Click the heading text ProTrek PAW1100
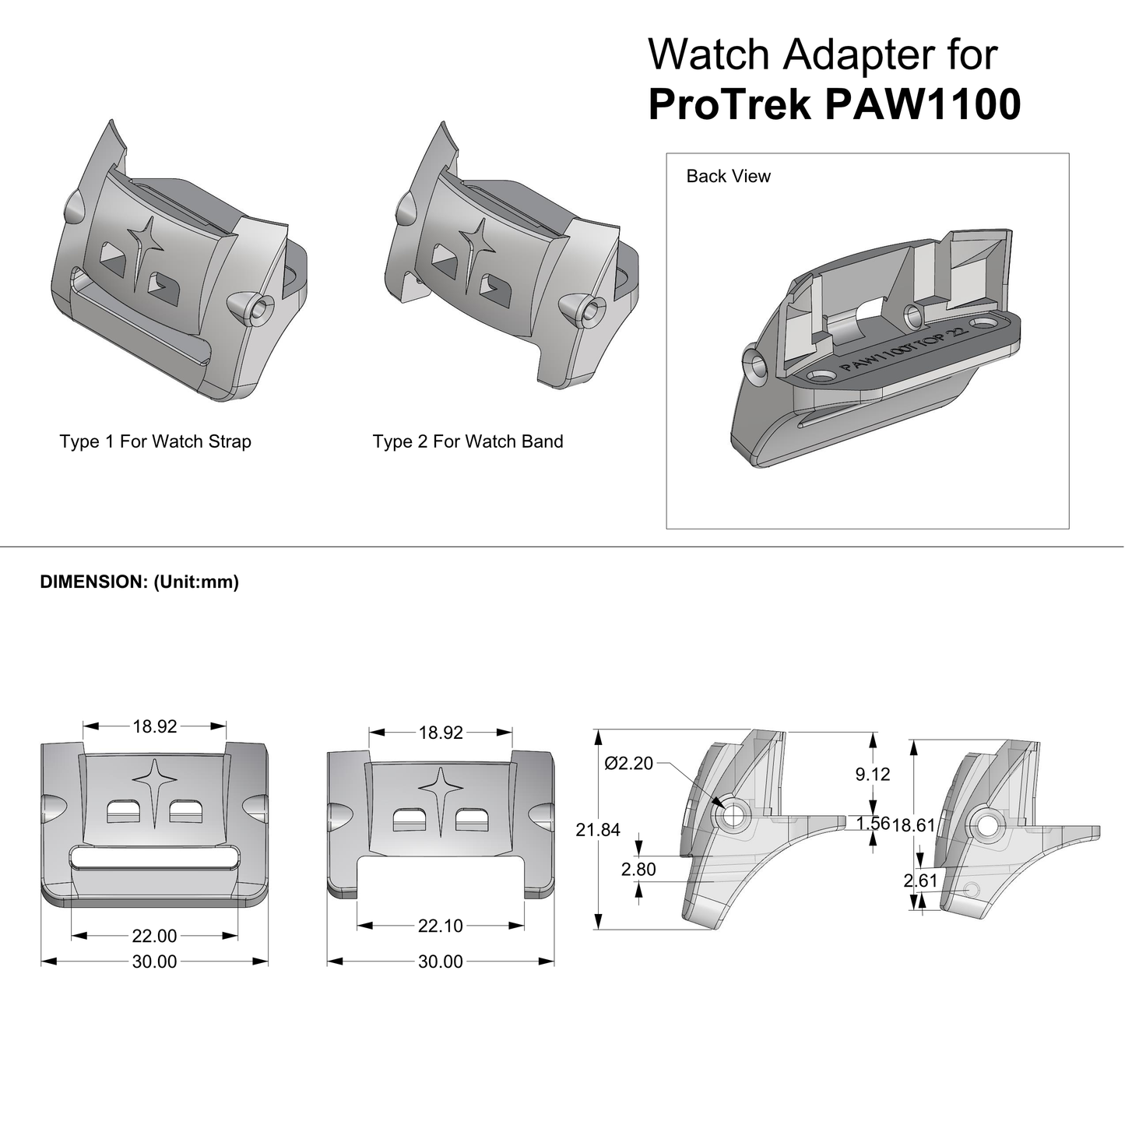[x=834, y=104]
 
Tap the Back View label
[x=728, y=177]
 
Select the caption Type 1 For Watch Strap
[x=155, y=441]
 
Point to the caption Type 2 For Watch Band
[x=467, y=441]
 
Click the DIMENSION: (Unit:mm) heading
[x=139, y=582]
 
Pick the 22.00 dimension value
[x=155, y=936]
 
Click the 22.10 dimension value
[x=441, y=926]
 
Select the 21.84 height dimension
[x=598, y=830]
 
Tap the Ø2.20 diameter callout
[x=629, y=764]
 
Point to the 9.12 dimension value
[x=872, y=774]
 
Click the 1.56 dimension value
[x=872, y=824]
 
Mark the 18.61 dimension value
[x=914, y=825]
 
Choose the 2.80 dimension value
[x=638, y=869]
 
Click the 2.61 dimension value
[x=919, y=881]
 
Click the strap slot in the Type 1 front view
[x=154, y=858]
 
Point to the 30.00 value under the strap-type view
[x=155, y=962]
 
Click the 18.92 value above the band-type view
[x=441, y=733]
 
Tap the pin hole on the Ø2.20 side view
[x=733, y=815]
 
